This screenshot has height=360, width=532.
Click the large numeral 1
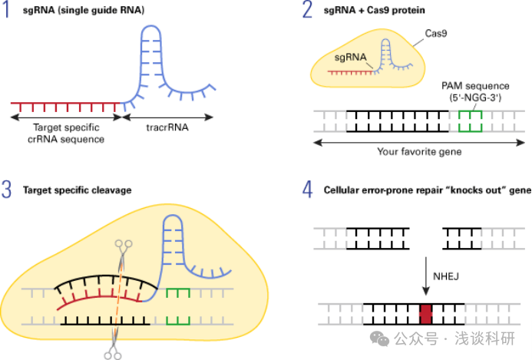[7, 13]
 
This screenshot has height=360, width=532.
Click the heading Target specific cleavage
[77, 190]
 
